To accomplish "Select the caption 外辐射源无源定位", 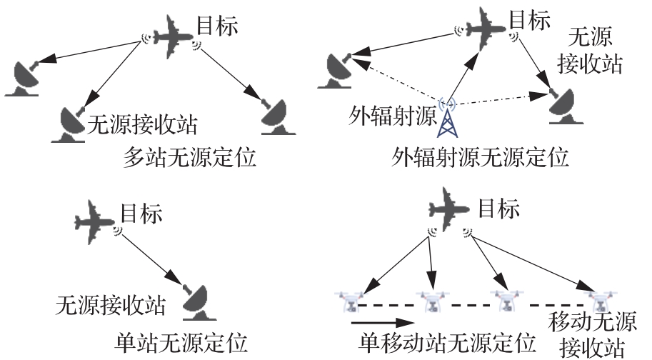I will pyautogui.click(x=481, y=156).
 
